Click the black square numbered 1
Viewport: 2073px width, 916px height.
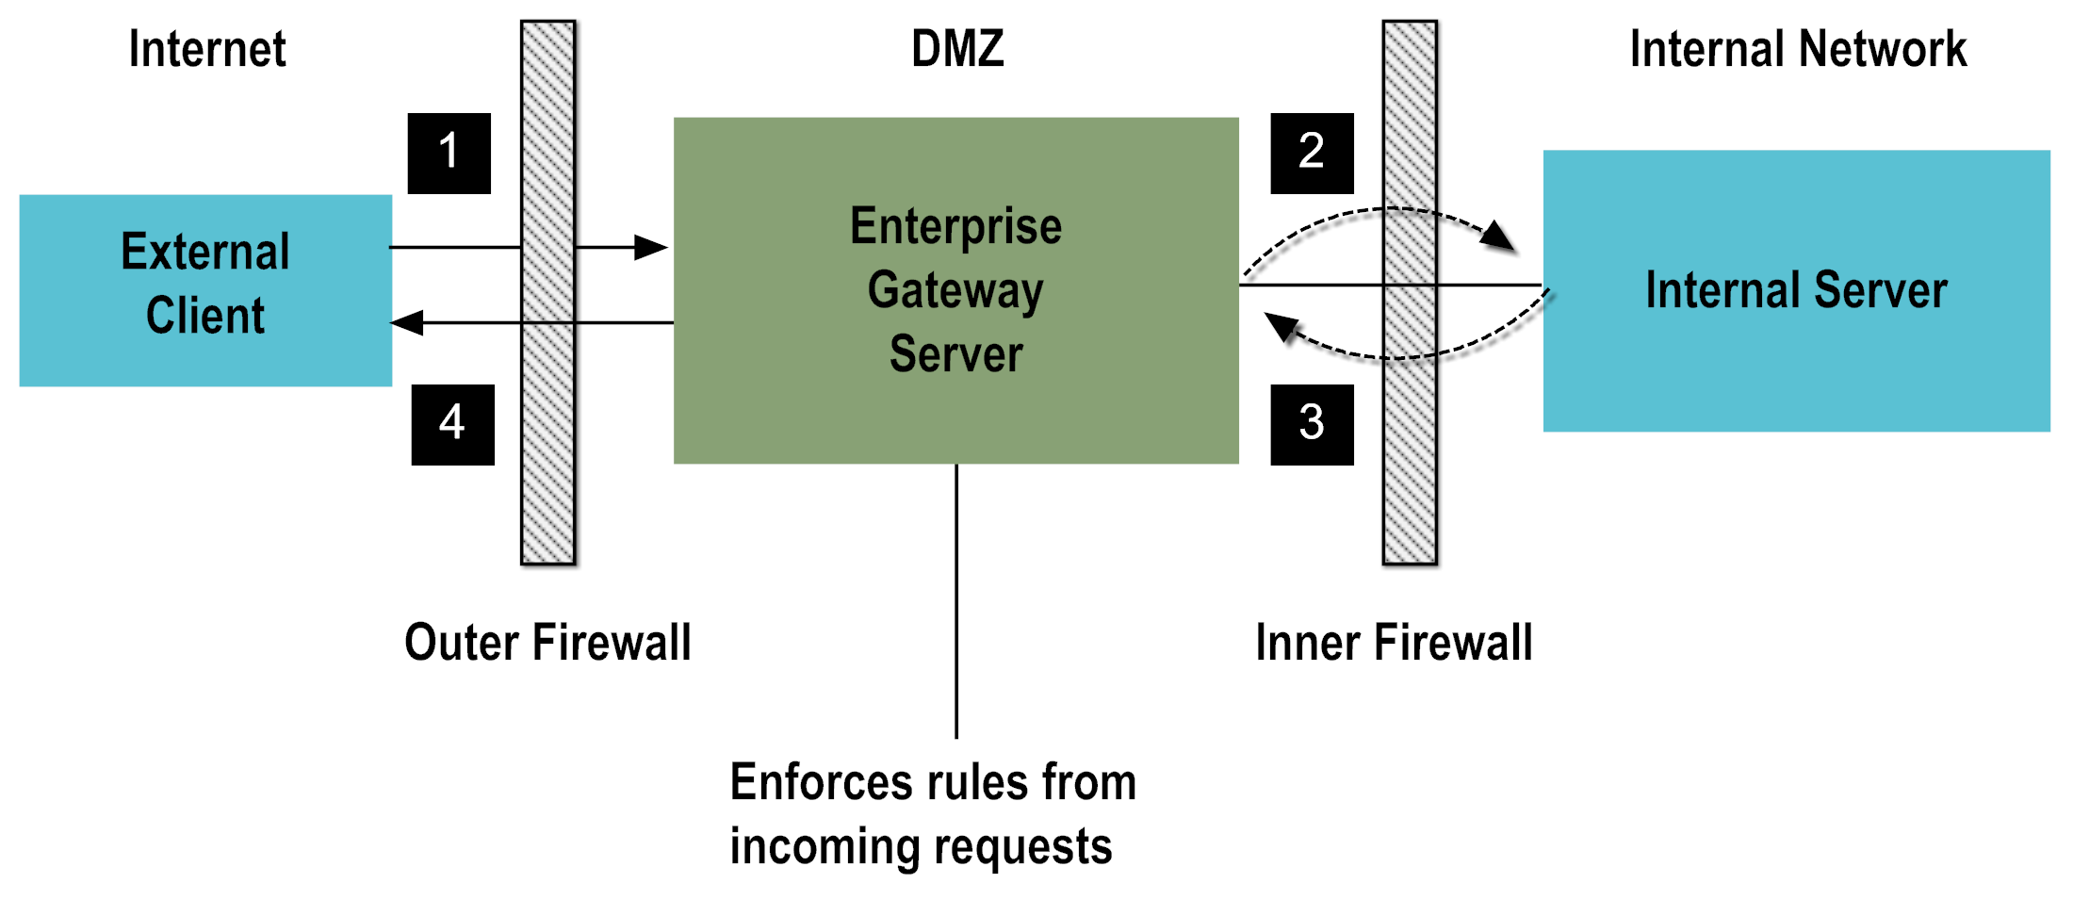(449, 153)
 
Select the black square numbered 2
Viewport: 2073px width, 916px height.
(1312, 153)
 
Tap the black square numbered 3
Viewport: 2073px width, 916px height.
(1312, 424)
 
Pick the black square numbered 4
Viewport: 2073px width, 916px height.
(452, 424)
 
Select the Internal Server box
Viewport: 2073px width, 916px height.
(1796, 290)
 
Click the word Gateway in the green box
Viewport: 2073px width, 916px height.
(955, 290)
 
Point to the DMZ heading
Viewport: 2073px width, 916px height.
(957, 49)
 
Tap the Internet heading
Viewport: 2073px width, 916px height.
(207, 49)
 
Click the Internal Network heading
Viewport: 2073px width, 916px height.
(1798, 49)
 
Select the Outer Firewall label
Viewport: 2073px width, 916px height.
(547, 643)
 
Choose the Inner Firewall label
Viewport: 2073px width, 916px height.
(1394, 643)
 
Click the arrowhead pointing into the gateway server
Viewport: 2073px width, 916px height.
(651, 247)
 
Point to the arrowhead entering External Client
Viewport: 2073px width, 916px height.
(408, 322)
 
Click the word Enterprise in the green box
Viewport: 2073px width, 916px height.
(955, 226)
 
